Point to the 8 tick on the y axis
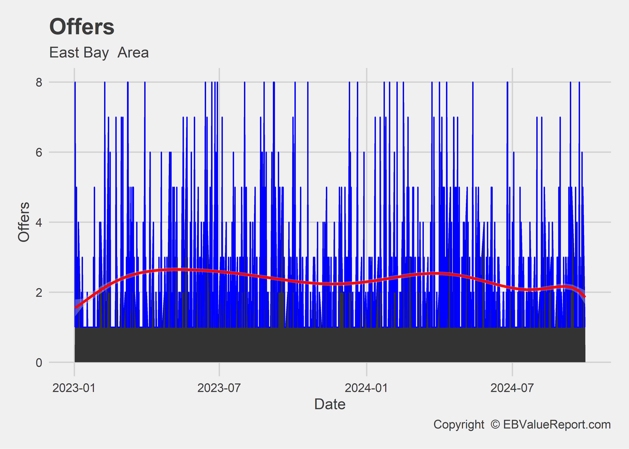coord(39,82)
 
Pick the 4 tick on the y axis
coord(39,222)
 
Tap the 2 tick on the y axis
coord(39,292)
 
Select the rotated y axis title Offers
coord(24,222)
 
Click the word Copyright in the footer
coord(459,424)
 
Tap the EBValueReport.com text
coord(557,424)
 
